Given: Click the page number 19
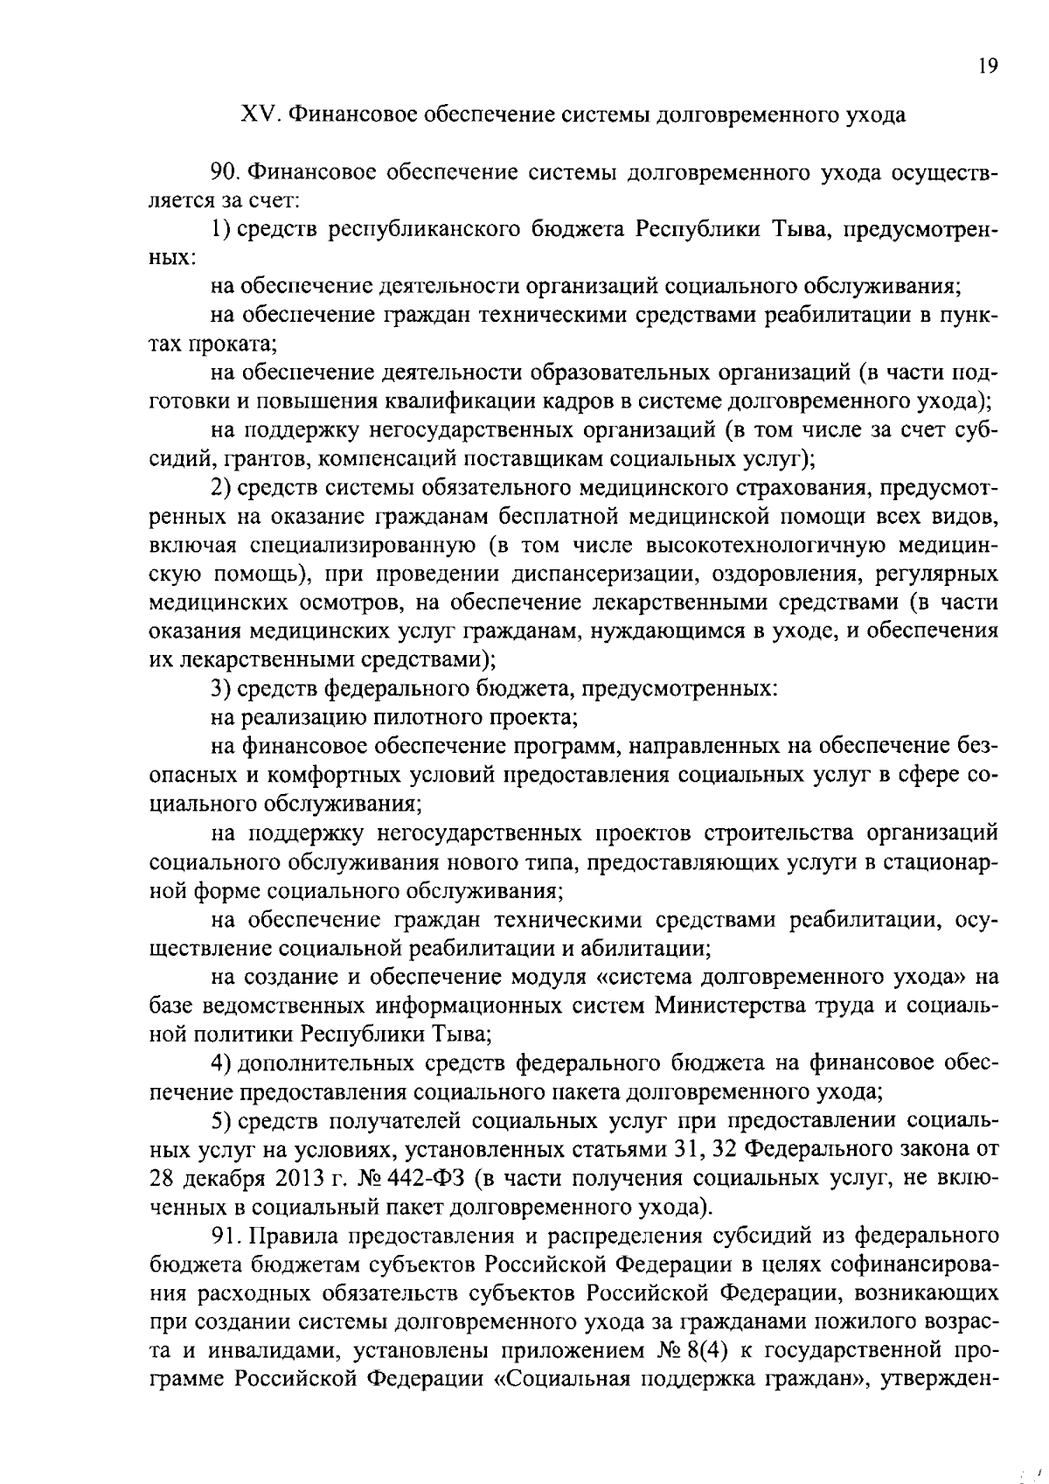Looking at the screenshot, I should click(988, 67).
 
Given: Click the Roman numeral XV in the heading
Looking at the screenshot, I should click(260, 115).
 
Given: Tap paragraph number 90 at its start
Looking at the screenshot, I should click(225, 172).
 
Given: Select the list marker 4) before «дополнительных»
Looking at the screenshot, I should click(221, 1062).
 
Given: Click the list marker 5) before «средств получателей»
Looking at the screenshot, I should click(221, 1120).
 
